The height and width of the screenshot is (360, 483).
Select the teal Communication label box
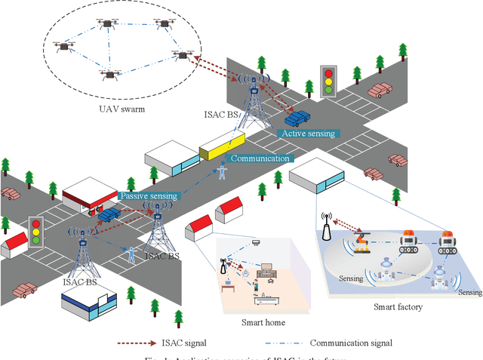point(260,158)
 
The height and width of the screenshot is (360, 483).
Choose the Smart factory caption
point(397,307)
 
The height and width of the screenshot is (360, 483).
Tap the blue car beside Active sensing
point(297,118)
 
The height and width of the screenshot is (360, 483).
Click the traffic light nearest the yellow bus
point(328,78)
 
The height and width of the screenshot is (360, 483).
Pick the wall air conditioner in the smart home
point(257,242)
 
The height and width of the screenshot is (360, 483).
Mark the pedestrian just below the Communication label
point(222,172)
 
